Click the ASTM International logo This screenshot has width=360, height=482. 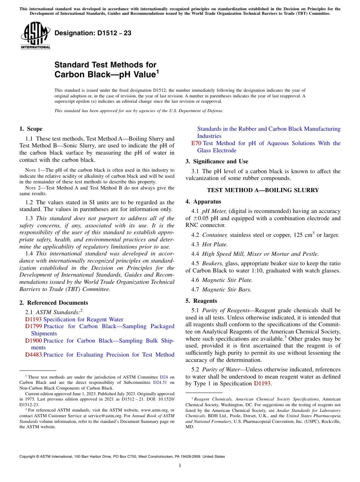pyautogui.click(x=35, y=36)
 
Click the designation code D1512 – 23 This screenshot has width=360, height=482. pyautogui.click(x=93, y=33)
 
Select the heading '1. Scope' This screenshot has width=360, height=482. pyautogui.click(x=31, y=129)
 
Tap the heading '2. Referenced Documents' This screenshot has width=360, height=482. pyautogui.click(x=54, y=302)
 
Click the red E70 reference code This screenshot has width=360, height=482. pyautogui.click(x=196, y=143)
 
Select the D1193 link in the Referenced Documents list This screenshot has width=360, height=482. pyautogui.click(x=33, y=319)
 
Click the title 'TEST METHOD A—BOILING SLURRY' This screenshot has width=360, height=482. pyautogui.click(x=263, y=190)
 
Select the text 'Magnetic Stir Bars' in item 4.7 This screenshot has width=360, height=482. pyautogui.click(x=227, y=290)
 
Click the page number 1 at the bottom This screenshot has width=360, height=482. pyautogui.click(x=180, y=465)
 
